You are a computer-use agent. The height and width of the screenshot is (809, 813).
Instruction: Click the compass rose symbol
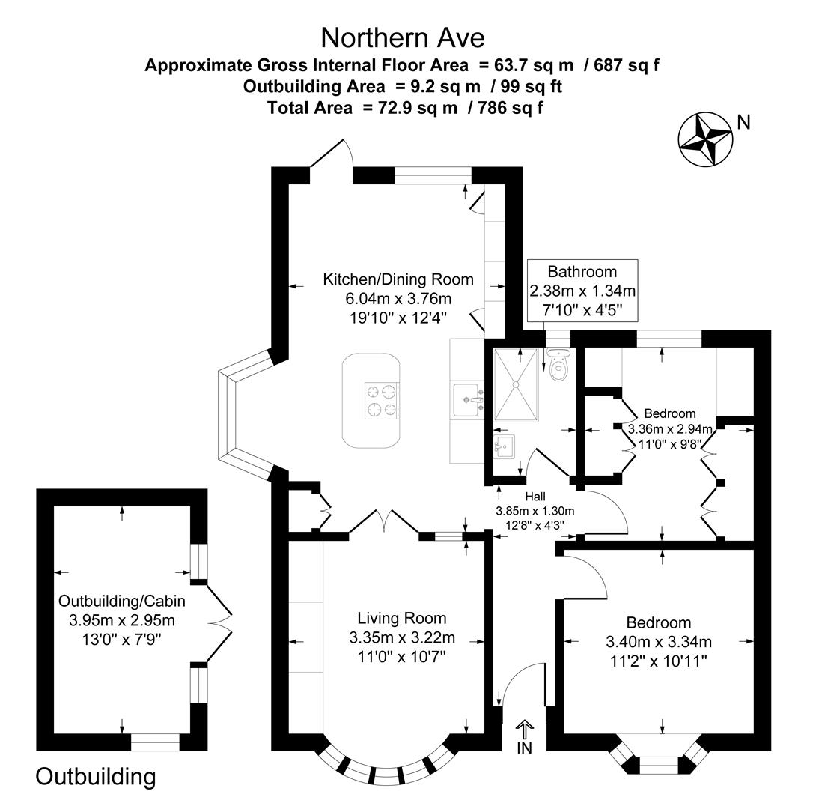704,139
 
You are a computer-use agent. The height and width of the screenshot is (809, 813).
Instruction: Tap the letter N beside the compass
743,121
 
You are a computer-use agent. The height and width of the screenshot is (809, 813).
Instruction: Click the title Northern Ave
403,37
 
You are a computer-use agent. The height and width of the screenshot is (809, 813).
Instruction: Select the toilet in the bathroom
558,366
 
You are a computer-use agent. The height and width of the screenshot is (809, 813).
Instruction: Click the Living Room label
402,618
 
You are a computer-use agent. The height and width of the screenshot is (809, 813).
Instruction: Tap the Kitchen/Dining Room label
398,279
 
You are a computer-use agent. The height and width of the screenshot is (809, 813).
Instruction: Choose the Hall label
535,496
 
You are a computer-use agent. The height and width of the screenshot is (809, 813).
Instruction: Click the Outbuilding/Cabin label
122,600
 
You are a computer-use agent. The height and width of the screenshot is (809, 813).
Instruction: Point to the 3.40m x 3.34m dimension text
659,641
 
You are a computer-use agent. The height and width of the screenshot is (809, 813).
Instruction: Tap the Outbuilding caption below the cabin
96,776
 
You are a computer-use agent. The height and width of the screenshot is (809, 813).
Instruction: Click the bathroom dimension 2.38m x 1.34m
582,291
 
